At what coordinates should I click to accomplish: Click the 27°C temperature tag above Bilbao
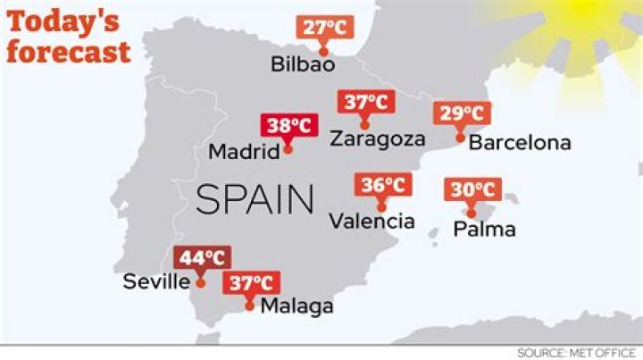(x=324, y=27)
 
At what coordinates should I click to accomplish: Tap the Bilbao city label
(x=303, y=64)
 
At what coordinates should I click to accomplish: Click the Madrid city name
(x=244, y=152)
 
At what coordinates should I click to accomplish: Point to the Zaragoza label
(x=375, y=138)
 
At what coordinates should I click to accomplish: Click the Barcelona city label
(x=520, y=143)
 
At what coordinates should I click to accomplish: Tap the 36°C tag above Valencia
(x=383, y=186)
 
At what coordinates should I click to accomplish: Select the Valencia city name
(x=372, y=221)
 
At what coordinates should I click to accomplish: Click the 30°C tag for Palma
(x=472, y=190)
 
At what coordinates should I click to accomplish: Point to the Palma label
(x=484, y=229)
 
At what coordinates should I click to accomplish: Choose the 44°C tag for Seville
(x=201, y=258)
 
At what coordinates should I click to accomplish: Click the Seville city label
(x=156, y=282)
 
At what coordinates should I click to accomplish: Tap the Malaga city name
(x=296, y=306)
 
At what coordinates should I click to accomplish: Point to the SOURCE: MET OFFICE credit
(x=576, y=353)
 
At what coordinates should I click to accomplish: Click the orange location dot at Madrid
(x=288, y=150)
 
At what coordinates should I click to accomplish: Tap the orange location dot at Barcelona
(x=459, y=138)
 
